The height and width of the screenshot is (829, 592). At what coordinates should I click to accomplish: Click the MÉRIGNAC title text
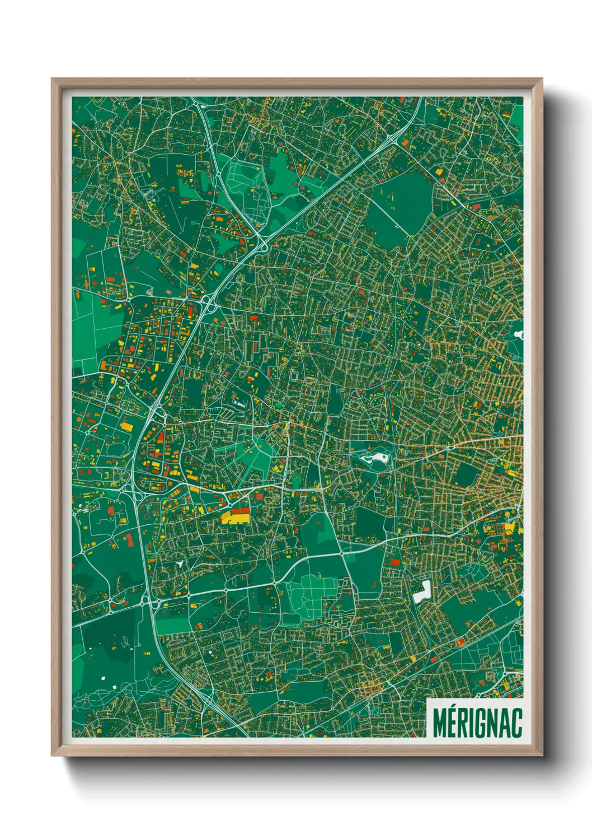coord(477,723)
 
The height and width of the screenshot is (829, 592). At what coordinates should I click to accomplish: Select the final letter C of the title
coord(516,723)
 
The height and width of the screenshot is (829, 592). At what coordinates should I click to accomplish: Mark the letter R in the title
coord(463,723)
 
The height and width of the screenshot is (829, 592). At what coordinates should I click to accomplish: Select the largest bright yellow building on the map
coord(236,517)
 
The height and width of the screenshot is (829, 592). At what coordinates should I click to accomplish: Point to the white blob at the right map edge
coord(518,335)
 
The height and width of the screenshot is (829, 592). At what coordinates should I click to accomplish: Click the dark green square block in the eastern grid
coord(466,475)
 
